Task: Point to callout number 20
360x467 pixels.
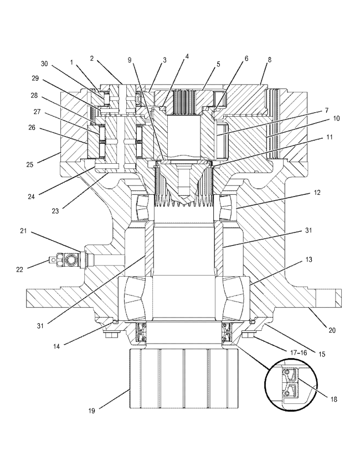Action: pos(332,330)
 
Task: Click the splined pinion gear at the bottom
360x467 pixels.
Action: pos(183,381)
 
